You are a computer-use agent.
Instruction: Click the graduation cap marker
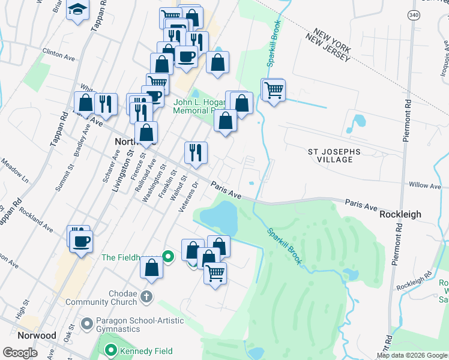pos(77,10)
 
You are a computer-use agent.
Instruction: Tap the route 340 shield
pos(412,16)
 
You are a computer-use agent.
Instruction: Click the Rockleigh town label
pos(400,214)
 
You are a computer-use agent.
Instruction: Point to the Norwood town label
pos(37,335)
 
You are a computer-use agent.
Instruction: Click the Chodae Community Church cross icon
pos(146,296)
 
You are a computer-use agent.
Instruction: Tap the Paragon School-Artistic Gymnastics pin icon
pos(88,324)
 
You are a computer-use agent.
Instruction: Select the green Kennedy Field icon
pos(110,351)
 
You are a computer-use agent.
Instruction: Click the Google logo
pos(20,353)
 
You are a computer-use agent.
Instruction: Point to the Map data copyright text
pos(411,355)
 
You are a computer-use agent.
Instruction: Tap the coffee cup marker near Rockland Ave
pos(81,241)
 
